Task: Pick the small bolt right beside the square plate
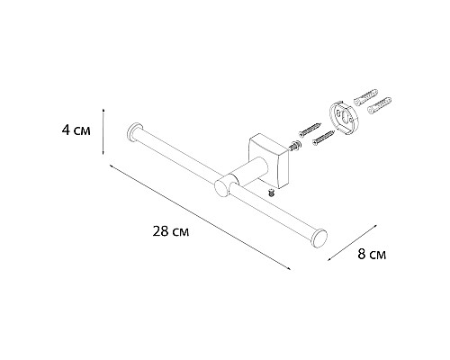coord(293,145)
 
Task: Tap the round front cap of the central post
coord(222,186)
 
